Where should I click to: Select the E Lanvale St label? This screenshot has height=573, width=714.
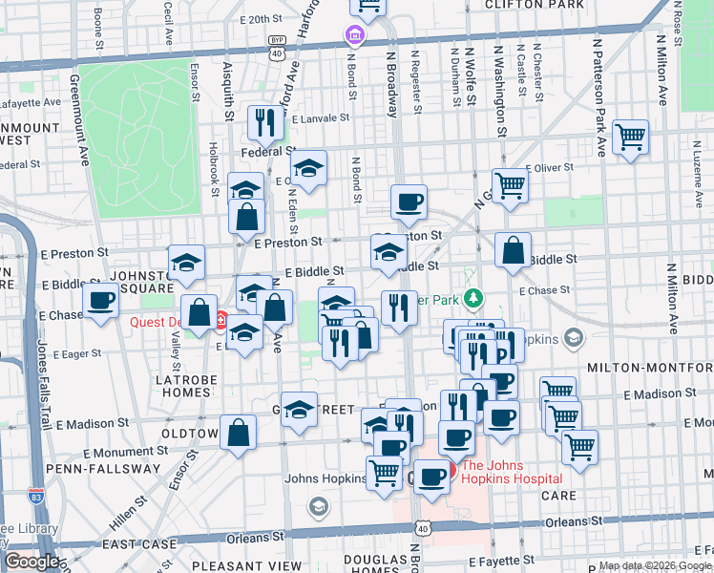tap(322, 119)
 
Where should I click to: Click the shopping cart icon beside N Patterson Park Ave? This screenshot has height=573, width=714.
tap(631, 137)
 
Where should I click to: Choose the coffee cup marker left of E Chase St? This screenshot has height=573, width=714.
tap(100, 302)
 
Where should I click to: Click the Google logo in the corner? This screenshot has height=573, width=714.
tap(31, 562)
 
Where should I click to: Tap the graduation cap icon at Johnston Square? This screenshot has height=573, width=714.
tap(186, 261)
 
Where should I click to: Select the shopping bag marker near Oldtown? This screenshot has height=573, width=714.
tap(239, 432)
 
